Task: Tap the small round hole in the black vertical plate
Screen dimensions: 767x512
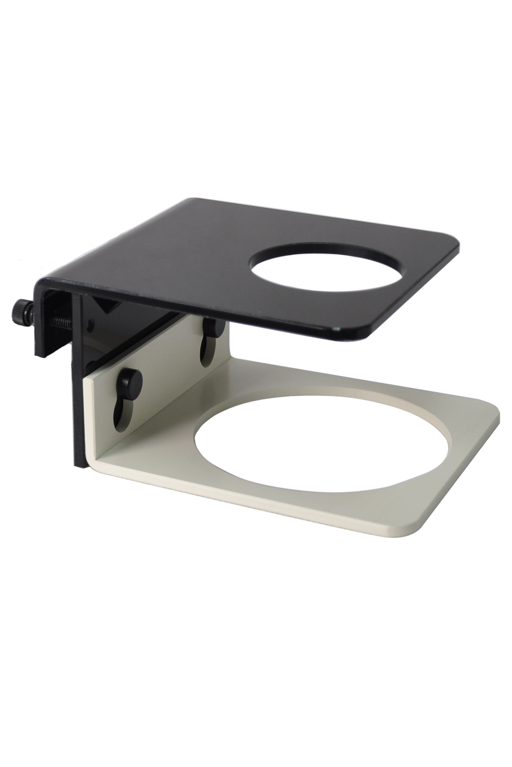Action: coord(90,324)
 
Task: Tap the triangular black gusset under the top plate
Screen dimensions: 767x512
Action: coord(110,307)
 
